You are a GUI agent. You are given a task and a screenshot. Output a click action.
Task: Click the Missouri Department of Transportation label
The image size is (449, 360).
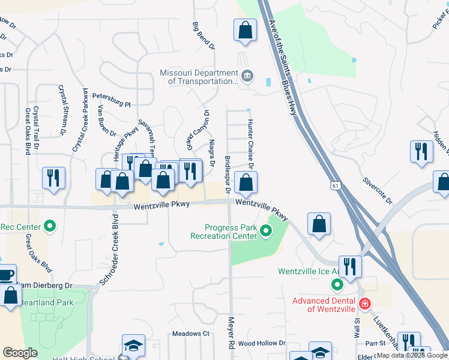click(198, 77)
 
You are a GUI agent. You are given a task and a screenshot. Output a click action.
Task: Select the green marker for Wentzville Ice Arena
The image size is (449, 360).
click(337, 284)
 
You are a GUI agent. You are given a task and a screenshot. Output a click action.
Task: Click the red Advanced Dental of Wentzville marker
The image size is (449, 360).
click(364, 305)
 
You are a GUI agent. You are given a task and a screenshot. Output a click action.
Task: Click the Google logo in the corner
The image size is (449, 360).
click(20, 352)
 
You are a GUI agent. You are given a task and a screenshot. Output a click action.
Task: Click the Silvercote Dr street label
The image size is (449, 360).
click(377, 190)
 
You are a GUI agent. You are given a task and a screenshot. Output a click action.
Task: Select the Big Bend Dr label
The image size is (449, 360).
click(203, 36)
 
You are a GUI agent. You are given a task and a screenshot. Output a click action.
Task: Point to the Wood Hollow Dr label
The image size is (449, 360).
click(262, 343)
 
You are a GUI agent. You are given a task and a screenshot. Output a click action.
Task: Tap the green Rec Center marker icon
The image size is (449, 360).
click(50, 227)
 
